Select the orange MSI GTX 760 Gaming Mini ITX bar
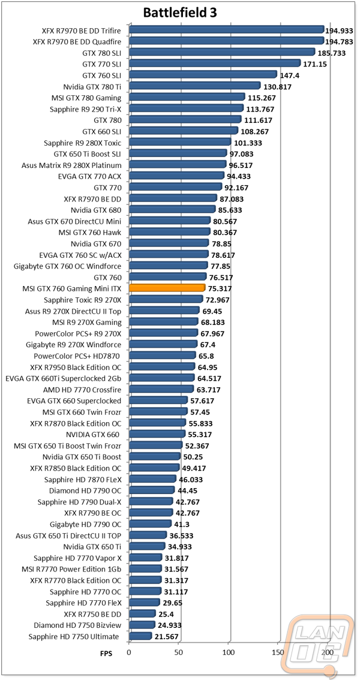(x=167, y=288)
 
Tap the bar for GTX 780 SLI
(x=222, y=52)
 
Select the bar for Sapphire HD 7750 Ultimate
(x=140, y=636)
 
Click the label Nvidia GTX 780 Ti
(x=92, y=86)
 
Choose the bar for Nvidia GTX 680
(x=172, y=209)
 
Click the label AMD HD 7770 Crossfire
(x=82, y=389)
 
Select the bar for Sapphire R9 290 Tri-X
(x=187, y=109)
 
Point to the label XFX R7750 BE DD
(x=92, y=613)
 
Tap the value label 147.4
(x=289, y=76)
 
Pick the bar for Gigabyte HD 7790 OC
(x=150, y=524)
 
